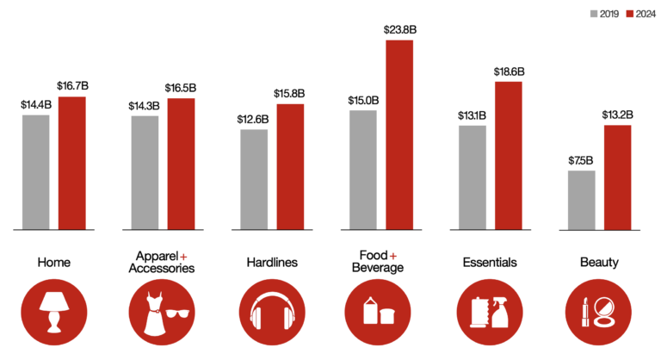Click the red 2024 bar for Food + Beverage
(x=399, y=135)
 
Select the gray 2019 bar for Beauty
(x=581, y=200)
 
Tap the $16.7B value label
(x=72, y=86)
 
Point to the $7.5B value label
(x=581, y=159)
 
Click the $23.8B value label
(x=400, y=29)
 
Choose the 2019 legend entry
(x=607, y=14)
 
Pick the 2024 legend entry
(x=641, y=14)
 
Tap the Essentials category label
(x=489, y=262)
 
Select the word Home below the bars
(x=54, y=262)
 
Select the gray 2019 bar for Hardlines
(x=254, y=179)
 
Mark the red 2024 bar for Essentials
(x=508, y=156)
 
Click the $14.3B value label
(x=145, y=105)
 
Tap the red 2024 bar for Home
(x=72, y=163)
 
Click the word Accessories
(x=162, y=269)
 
